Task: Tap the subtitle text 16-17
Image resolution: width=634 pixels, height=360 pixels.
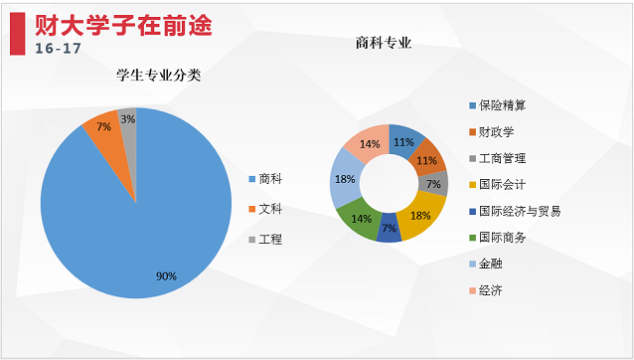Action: [59, 48]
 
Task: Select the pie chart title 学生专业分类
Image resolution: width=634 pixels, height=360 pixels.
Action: [158, 75]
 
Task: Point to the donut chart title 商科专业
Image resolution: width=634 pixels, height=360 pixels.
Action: [384, 43]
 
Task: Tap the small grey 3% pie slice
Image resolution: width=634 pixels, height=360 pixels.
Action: [128, 121]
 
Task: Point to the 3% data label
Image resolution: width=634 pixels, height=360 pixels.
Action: [128, 118]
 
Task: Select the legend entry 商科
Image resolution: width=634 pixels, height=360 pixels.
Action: [270, 180]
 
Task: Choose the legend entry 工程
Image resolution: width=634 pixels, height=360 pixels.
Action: [270, 240]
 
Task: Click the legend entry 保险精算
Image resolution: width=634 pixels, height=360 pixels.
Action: [502, 104]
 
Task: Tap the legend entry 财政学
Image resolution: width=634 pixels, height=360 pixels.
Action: [495, 131]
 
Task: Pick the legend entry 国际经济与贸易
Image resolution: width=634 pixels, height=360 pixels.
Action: [519, 211]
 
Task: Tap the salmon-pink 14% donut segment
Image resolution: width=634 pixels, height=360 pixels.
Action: [370, 143]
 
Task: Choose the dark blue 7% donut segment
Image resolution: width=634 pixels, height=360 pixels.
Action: [390, 230]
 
